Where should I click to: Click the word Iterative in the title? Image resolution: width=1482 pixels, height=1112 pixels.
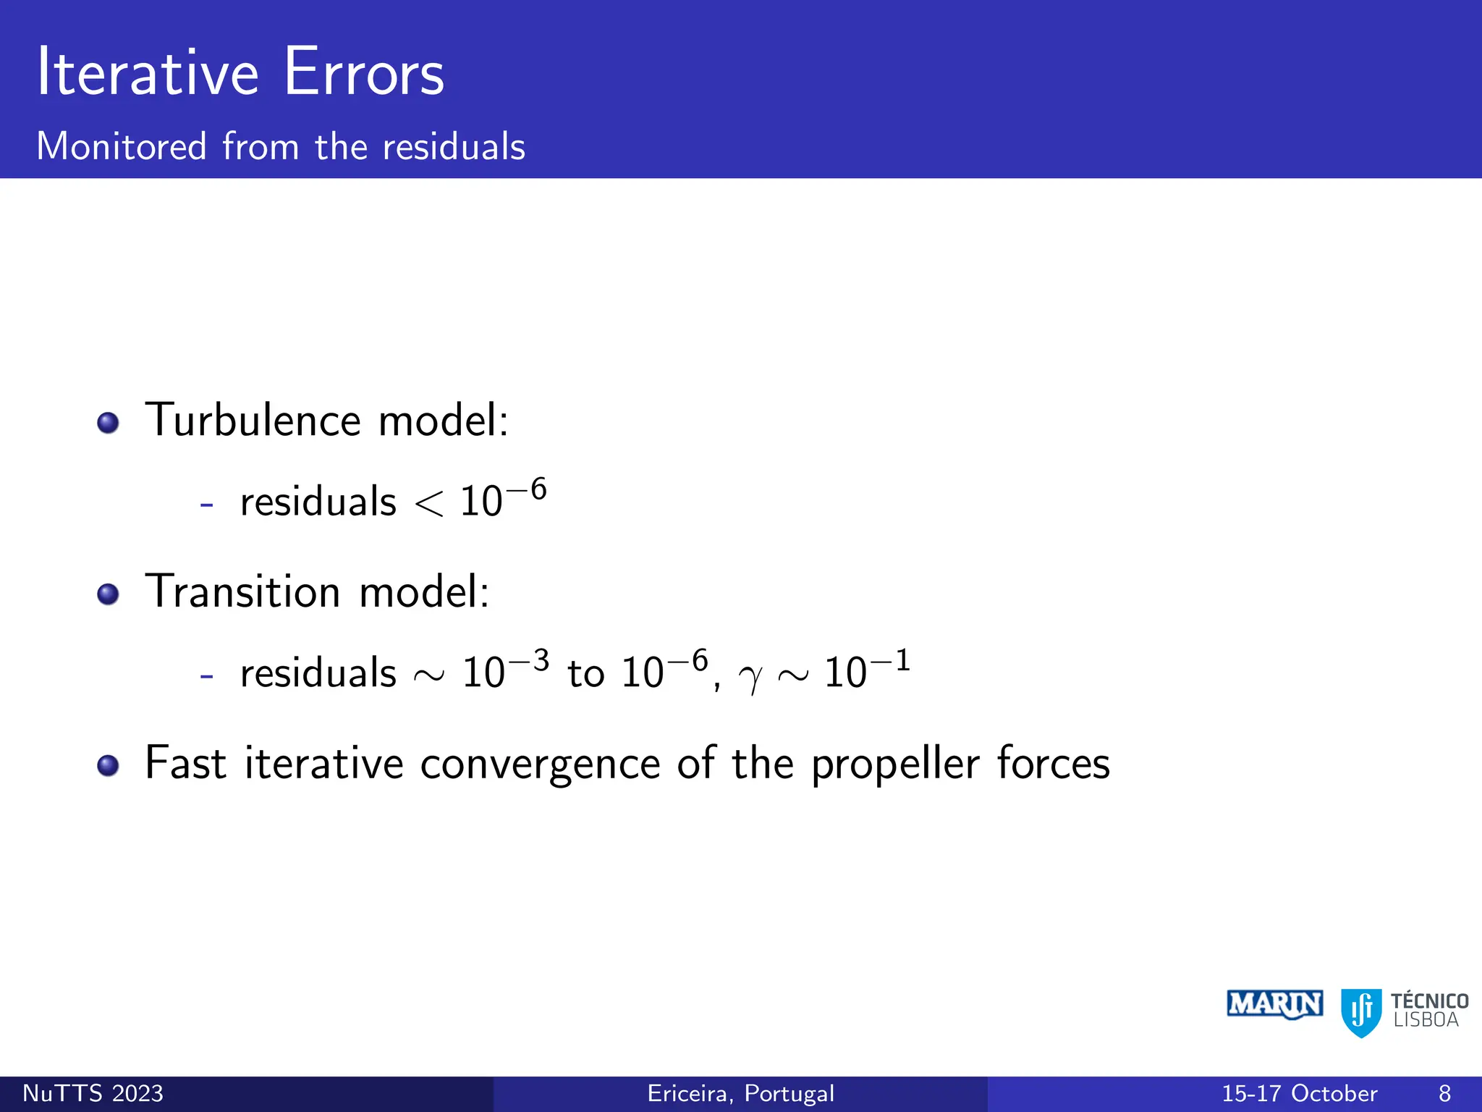click(x=148, y=72)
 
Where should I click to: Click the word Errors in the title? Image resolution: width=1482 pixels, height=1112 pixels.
click(x=364, y=72)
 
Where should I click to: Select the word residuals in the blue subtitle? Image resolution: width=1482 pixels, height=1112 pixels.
click(x=453, y=147)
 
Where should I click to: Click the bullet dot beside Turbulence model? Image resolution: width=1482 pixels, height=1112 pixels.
click(x=108, y=423)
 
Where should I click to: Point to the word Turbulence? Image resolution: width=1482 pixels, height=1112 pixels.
click(x=253, y=420)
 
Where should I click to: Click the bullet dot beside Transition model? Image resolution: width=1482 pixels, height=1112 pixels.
click(x=108, y=594)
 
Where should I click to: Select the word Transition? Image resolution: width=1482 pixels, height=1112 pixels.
click(x=242, y=591)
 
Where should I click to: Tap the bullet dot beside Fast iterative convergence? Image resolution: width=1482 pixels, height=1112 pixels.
click(x=108, y=765)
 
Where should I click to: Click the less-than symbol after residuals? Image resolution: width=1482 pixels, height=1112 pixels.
click(x=428, y=503)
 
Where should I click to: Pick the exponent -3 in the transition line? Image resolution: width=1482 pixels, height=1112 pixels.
click(x=530, y=661)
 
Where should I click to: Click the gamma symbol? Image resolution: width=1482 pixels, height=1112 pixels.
click(x=750, y=678)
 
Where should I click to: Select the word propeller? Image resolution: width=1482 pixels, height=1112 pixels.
click(x=895, y=764)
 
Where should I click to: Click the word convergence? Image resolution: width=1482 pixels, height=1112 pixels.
click(x=540, y=764)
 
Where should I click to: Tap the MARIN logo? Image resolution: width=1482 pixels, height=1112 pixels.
click(x=1274, y=1004)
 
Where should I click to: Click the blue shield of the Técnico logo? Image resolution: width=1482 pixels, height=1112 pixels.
click(x=1360, y=1011)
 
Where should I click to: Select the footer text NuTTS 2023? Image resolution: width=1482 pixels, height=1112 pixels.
click(x=93, y=1093)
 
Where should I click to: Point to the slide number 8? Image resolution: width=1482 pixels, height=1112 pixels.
click(x=1444, y=1093)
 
